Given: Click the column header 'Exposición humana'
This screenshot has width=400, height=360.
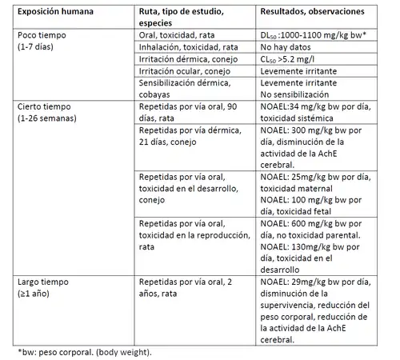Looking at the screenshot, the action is point(55,13).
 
